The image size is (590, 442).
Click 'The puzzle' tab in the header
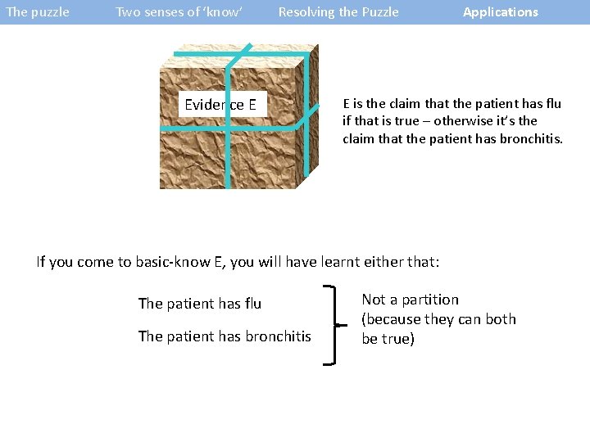pos(38,12)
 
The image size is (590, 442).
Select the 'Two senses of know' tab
pos(179,12)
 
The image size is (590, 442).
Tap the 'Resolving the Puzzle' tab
pos(338,12)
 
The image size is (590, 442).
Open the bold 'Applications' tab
pos(501,12)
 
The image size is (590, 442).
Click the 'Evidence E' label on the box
pos(220,105)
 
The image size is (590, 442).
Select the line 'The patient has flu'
pos(200,304)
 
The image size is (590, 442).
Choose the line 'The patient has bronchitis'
pos(225,336)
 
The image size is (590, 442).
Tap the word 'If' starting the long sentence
pos(42,262)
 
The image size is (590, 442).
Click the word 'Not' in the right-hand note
pos(374,300)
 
